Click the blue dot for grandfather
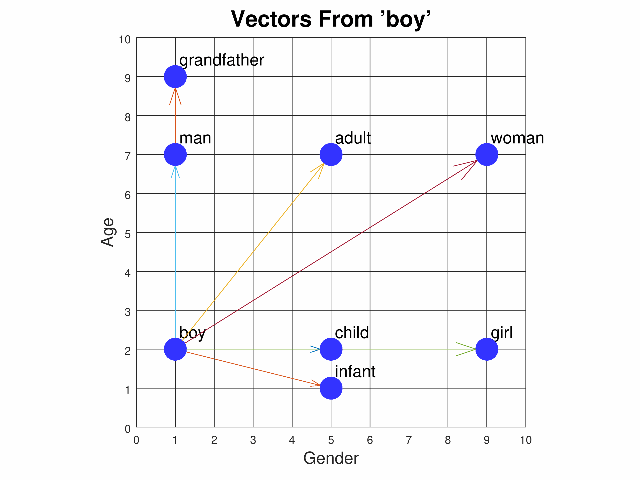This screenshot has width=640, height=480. coord(175,77)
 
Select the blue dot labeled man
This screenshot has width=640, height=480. coord(175,154)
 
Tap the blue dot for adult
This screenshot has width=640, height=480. coord(331,154)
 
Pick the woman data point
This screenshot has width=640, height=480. coord(487,154)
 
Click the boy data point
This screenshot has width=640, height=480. coord(175,349)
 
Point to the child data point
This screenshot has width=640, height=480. coord(331,349)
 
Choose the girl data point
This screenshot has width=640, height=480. coord(487,349)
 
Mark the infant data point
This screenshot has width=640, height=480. coord(331,388)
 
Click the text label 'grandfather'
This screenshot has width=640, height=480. coord(222,60)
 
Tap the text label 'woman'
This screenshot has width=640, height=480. coord(517,138)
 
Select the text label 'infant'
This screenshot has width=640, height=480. coord(355,372)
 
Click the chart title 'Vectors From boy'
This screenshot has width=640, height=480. coord(331,19)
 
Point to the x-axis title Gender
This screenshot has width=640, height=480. coord(331,458)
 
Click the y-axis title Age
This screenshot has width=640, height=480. coord(108,232)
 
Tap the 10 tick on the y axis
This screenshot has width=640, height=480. coord(125,40)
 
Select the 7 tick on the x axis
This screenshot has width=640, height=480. coord(409,440)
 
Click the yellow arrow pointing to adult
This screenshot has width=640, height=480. coord(253,252)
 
